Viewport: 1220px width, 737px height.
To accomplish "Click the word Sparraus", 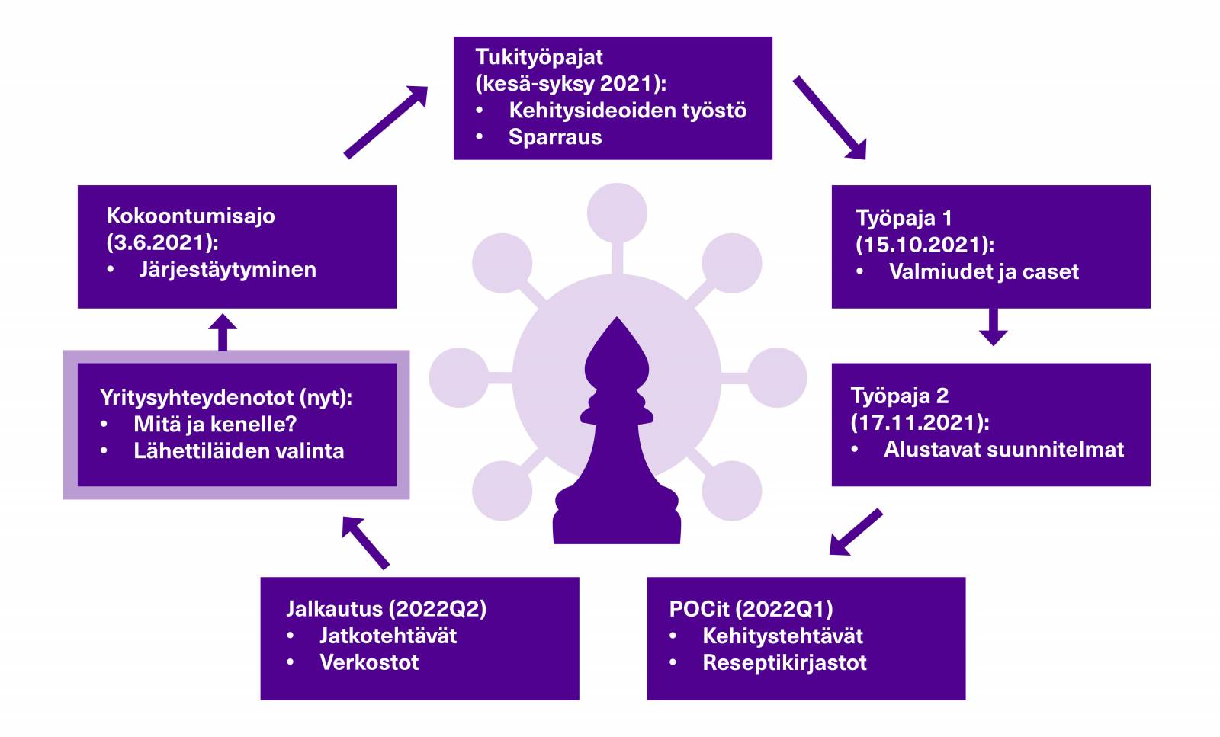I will click(x=554, y=137).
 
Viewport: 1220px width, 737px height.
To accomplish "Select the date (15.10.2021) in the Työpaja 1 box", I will click(x=924, y=245).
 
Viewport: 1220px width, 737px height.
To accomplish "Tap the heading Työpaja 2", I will click(x=899, y=396).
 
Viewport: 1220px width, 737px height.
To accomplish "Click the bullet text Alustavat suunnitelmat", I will click(x=1003, y=449).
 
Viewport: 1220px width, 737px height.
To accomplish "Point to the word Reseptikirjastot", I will click(x=784, y=662).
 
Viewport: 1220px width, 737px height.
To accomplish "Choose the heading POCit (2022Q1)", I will click(x=750, y=609).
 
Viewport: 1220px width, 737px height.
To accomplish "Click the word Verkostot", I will click(x=369, y=662).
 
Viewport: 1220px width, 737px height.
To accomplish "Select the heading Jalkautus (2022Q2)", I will click(x=386, y=609).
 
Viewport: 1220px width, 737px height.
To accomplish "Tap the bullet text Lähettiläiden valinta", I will click(x=239, y=450).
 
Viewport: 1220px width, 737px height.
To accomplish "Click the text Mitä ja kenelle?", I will click(x=215, y=424).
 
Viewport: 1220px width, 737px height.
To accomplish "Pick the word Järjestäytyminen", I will click(x=227, y=269).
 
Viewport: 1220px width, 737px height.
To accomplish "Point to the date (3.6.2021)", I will click(x=162, y=242).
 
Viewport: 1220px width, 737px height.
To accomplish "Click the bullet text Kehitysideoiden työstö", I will click(x=627, y=111).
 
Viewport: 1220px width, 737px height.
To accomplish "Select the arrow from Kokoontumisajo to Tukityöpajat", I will click(x=385, y=122).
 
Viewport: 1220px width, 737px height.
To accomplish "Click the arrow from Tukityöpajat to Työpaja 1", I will click(x=830, y=117).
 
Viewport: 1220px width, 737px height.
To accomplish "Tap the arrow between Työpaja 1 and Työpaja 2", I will click(x=993, y=326).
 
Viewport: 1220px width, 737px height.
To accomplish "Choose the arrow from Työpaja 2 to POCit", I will click(x=855, y=532).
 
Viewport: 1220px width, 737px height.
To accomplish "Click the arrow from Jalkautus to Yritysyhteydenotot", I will click(x=365, y=542).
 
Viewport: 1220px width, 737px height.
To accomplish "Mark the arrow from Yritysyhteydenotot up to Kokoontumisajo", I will click(x=223, y=332).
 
